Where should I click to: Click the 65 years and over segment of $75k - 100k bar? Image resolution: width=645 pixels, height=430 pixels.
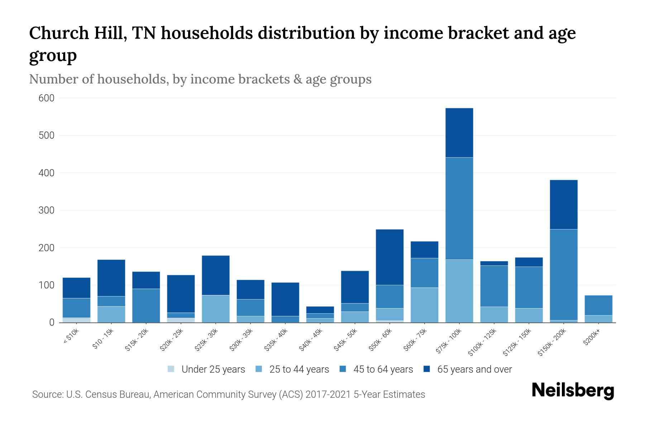point(459,133)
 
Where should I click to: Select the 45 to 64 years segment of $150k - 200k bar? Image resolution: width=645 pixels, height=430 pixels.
point(563,274)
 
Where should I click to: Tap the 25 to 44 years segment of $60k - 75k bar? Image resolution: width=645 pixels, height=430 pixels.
point(424,305)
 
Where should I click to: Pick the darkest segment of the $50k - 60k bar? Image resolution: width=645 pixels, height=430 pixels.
point(390,257)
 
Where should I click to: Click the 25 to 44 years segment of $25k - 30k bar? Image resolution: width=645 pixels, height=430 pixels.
point(216,309)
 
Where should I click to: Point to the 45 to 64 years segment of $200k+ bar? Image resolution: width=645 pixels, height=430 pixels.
point(598,305)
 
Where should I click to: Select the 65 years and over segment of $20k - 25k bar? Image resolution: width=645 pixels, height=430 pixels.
point(181,294)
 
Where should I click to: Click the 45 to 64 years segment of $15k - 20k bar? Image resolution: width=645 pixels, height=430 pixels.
point(146,305)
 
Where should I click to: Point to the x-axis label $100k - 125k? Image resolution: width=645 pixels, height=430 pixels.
point(482,343)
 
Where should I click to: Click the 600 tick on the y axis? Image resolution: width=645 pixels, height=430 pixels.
point(46,98)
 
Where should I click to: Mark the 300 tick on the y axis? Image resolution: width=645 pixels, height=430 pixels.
point(46,210)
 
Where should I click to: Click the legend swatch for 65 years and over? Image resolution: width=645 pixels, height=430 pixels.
point(427,369)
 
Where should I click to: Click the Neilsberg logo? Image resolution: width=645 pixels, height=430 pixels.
point(573,390)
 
